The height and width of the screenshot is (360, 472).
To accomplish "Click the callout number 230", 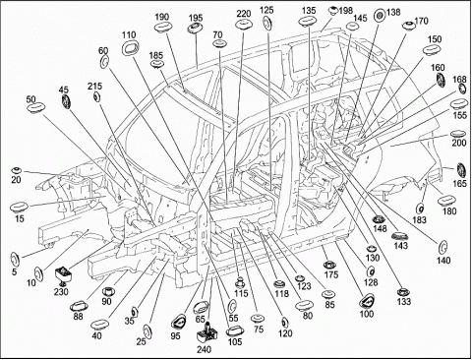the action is coord(61,291).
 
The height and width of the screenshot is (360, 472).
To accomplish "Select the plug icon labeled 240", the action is coord(207,332).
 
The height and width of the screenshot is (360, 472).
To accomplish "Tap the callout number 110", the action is coord(129,34).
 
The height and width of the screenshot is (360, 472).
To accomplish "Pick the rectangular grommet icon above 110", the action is coord(130,48).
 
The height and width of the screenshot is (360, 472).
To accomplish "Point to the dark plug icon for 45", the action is coord(66,101).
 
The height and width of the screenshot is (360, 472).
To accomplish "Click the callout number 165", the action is coord(459,183).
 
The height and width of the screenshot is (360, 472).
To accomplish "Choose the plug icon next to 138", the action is coord(381,15).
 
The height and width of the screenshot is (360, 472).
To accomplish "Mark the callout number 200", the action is coord(459,144).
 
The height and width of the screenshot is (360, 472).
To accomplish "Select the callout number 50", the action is coord(31,99).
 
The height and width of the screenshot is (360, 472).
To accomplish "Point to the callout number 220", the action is coord(244,14).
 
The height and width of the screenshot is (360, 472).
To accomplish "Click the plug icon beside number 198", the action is coord(333,10).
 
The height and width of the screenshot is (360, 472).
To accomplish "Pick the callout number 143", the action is coord(401,245).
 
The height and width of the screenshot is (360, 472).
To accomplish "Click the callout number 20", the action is coord(16,179).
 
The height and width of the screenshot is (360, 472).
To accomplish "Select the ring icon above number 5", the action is coord(15,260).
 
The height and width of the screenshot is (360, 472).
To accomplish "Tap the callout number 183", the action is coord(419,219).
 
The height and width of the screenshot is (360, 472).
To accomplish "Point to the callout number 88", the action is coord(79,316).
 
